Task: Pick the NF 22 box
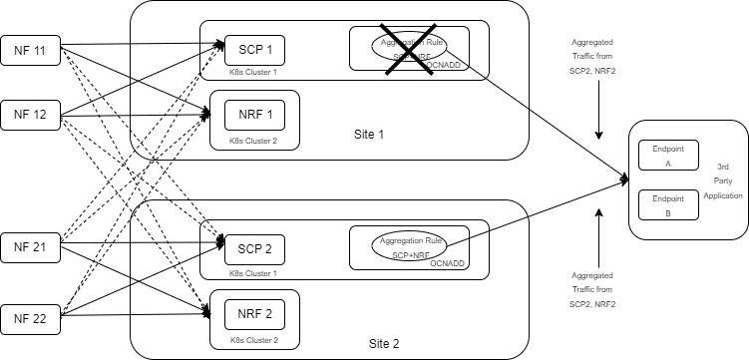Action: click(x=30, y=319)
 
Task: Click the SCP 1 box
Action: click(x=255, y=49)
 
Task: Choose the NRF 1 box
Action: click(x=255, y=115)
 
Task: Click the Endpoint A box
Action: click(x=668, y=155)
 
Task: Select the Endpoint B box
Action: click(x=668, y=204)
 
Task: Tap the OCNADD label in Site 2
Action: click(x=447, y=263)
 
